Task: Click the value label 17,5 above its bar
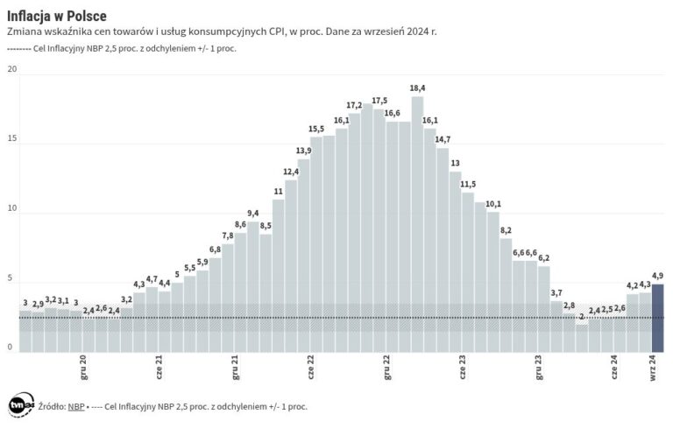[x=379, y=100]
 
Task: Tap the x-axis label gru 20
[x=83, y=365]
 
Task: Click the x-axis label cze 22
[x=312, y=365]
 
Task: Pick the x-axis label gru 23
[x=540, y=365]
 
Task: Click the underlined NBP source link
[x=77, y=406]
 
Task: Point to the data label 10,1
[x=492, y=204]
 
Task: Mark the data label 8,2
[x=506, y=230]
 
